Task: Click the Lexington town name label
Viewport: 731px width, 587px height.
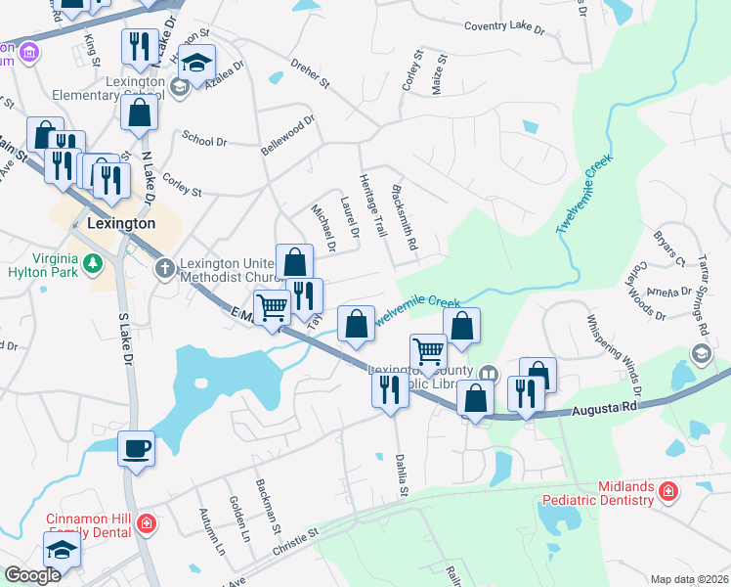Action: click(121, 223)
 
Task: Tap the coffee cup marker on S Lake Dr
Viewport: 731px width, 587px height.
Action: click(136, 448)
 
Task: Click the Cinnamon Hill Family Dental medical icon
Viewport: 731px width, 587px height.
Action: click(146, 522)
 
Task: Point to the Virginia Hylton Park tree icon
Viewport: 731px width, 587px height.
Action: click(93, 262)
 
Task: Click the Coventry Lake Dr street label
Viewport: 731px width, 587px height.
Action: click(504, 27)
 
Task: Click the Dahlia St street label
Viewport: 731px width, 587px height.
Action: click(401, 474)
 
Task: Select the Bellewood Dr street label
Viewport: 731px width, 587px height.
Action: click(288, 136)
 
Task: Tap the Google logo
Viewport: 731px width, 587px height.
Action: click(32, 575)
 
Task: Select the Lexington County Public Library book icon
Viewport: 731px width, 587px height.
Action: click(488, 374)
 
